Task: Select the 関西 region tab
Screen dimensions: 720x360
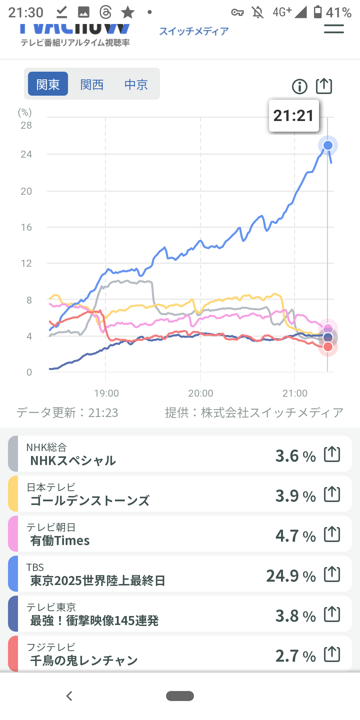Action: coord(92,84)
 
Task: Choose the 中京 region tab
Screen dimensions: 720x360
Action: coord(136,84)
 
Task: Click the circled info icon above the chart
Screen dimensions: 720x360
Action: coord(300,87)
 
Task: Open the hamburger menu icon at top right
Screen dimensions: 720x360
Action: coord(334,29)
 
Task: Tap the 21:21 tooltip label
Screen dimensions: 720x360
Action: coord(294,116)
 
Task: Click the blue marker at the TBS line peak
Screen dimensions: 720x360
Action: coord(328,145)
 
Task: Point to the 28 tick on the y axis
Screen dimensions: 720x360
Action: coord(26,125)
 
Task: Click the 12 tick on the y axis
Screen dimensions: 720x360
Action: coord(26,263)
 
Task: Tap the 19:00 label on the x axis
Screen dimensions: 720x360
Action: coord(106,393)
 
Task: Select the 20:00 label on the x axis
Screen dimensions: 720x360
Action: coord(201,393)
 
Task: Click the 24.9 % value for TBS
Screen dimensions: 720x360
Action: coord(291,576)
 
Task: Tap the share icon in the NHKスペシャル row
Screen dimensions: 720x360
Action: coord(332,454)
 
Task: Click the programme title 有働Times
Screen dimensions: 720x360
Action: coord(60,541)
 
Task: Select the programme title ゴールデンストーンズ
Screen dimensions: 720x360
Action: coord(90,501)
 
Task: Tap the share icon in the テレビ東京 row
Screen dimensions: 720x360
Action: coord(332,614)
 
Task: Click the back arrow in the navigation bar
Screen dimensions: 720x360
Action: coord(69,696)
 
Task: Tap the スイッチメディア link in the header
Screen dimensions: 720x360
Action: coord(194,31)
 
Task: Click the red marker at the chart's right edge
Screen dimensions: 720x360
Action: coord(328,347)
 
